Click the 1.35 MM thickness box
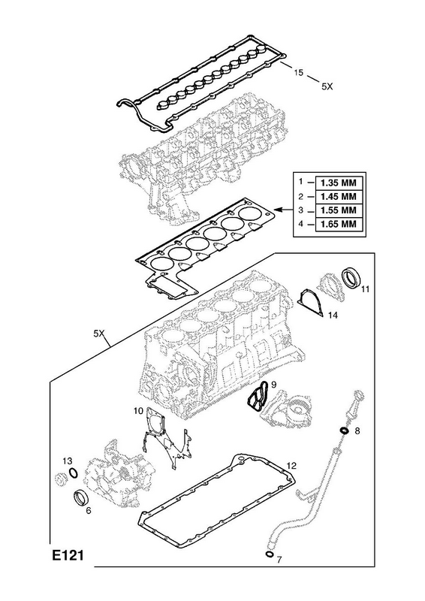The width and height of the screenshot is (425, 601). click(339, 183)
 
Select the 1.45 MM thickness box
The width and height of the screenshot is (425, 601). click(339, 196)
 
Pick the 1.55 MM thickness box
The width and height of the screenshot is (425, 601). click(339, 210)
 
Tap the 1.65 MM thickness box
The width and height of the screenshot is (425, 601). click(339, 224)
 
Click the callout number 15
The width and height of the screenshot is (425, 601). click(298, 72)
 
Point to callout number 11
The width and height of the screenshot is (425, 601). click(365, 289)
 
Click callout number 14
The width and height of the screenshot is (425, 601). click(333, 315)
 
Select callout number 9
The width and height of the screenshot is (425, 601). click(273, 384)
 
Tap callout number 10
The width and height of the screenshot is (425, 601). click(138, 411)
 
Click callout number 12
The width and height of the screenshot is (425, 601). click(291, 466)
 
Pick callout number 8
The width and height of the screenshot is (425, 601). click(357, 430)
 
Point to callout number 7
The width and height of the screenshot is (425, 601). click(279, 560)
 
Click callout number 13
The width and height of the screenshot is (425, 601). click(67, 461)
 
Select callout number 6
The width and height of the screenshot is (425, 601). click(89, 511)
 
